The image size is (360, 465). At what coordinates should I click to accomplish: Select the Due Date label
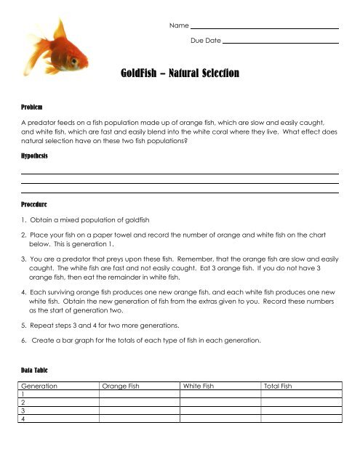[205, 41]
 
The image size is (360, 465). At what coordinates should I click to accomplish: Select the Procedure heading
[36, 205]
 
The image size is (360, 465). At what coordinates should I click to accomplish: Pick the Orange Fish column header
[121, 387]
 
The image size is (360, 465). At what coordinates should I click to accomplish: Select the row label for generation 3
[24, 411]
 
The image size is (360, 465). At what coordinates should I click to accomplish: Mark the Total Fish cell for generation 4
[300, 418]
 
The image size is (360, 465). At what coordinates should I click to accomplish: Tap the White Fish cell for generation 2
[220, 403]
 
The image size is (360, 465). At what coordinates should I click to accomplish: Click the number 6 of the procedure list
[24, 341]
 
